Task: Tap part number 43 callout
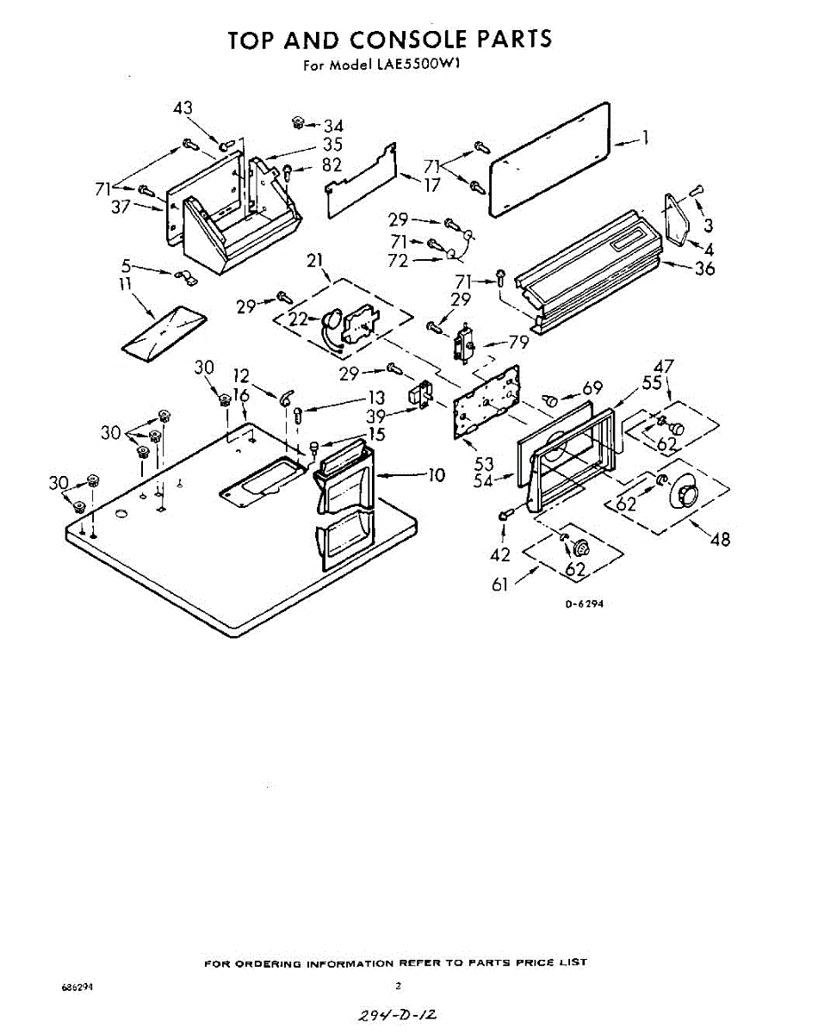click(183, 108)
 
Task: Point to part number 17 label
click(431, 184)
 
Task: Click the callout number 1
click(645, 137)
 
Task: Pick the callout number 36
click(705, 268)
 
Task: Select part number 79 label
click(517, 342)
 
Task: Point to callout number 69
click(592, 388)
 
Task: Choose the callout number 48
click(720, 540)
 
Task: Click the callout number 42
click(500, 554)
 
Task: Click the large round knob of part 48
click(685, 493)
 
